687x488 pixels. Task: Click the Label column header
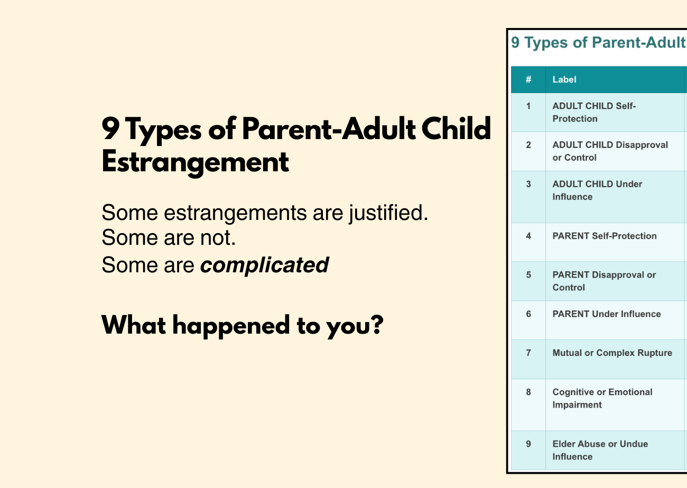tap(564, 80)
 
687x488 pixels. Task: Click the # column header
tap(528, 80)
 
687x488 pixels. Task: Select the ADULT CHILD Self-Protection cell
tap(594, 113)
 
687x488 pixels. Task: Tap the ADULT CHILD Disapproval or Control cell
tap(610, 151)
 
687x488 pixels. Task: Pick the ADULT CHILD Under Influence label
tap(597, 190)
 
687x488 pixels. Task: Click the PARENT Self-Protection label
tap(604, 236)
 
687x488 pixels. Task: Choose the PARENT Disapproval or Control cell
tap(604, 281)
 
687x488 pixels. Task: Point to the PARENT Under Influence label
tap(606, 314)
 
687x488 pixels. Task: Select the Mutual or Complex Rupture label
tap(612, 353)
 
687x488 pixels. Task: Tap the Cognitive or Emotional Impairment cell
tap(602, 399)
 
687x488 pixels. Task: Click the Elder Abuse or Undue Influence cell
tap(600, 450)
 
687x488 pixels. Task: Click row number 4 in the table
tap(528, 236)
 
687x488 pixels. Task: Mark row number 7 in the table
tap(528, 353)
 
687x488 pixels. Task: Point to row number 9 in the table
tap(528, 444)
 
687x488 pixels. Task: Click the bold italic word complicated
tap(264, 265)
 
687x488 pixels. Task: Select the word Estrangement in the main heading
tap(195, 162)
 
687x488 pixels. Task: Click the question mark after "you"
tap(375, 325)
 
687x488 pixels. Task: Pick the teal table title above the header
tap(598, 43)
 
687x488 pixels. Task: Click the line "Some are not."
tap(168, 238)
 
